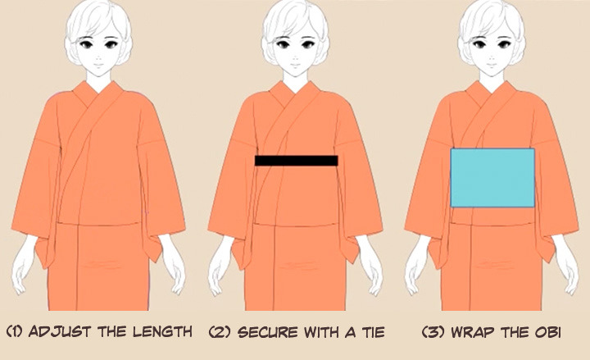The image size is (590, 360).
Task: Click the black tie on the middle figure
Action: pos(296,161)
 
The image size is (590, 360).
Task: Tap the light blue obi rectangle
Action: pos(492,178)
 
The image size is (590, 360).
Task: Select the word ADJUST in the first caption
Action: pos(60,332)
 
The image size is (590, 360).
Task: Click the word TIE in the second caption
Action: pos(373,332)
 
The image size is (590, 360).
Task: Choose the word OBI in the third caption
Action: pos(548,332)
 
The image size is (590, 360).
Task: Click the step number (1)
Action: pos(15,332)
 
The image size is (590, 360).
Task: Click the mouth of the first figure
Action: pos(98,65)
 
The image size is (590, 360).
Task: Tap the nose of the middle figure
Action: pos(295,57)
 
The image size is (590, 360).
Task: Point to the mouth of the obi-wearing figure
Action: pos(492,65)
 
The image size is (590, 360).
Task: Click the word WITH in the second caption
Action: pos(322,332)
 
